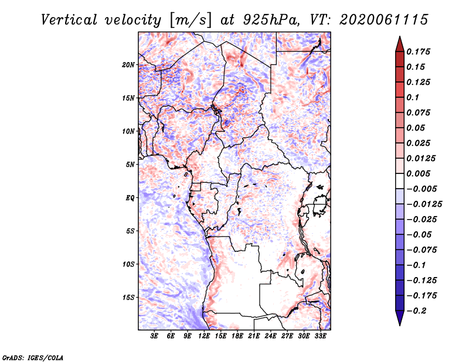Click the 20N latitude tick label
point(128,65)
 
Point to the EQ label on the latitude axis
point(130,198)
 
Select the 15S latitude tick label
point(128,298)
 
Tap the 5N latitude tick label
point(130,165)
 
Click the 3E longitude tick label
point(154,336)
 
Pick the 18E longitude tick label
point(237,336)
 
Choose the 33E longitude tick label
point(320,336)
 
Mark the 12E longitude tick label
point(204,336)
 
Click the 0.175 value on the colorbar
point(418,52)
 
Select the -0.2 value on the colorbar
point(416,311)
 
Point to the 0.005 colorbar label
point(418,173)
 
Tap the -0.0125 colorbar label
point(424,204)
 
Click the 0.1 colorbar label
point(413,97)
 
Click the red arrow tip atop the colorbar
point(400,36)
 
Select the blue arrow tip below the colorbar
point(400,325)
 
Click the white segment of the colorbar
point(400,181)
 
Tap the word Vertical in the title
point(69,20)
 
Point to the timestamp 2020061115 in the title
point(384,20)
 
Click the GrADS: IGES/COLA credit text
point(33,357)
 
